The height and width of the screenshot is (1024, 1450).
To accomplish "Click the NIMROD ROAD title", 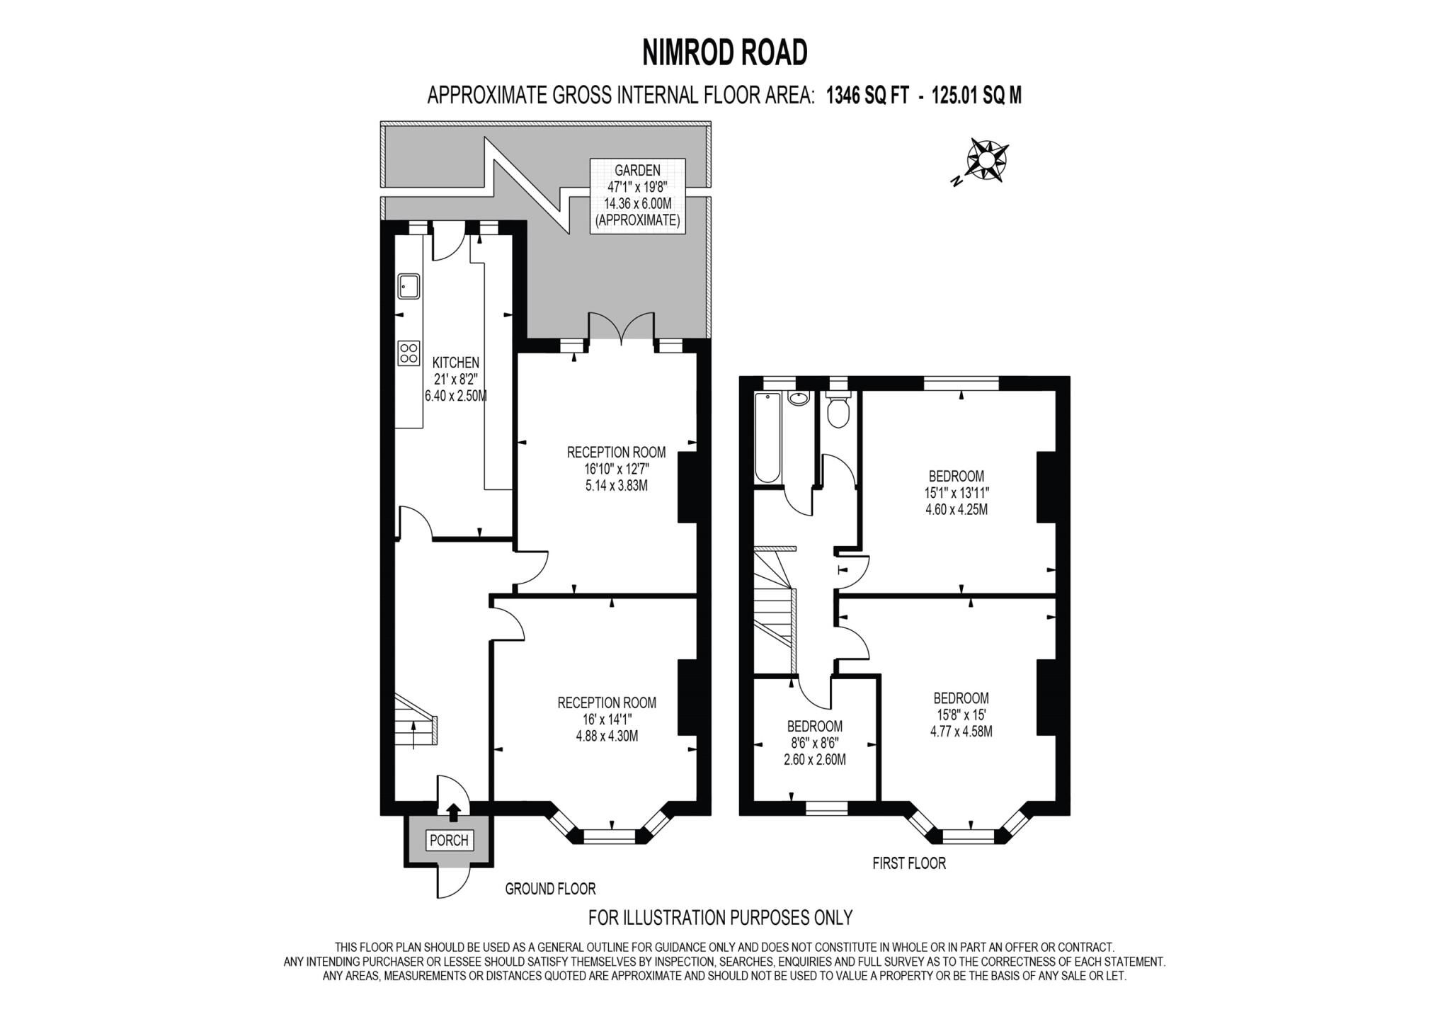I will coord(724,52).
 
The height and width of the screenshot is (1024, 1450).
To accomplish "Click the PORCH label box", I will coord(449,840).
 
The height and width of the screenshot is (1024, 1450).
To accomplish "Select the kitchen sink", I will coord(409,287).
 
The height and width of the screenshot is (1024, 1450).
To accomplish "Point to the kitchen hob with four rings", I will coord(409,353).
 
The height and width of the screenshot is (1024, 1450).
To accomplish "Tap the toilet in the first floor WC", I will coord(837,412).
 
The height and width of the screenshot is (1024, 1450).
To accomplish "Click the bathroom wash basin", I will coord(798,399).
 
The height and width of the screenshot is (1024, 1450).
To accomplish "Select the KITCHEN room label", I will coord(455,363).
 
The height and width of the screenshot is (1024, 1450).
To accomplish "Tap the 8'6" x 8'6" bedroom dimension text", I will coord(814,743).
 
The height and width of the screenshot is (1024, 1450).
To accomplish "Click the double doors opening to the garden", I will coord(621,329).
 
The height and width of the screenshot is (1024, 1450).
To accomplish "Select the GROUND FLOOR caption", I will coord(550,889).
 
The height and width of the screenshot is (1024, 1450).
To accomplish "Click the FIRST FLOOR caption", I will coord(908,863).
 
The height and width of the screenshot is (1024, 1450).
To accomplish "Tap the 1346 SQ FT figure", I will coord(867,96).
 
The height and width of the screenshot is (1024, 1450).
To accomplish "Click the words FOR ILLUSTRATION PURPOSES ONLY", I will coord(720,918).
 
